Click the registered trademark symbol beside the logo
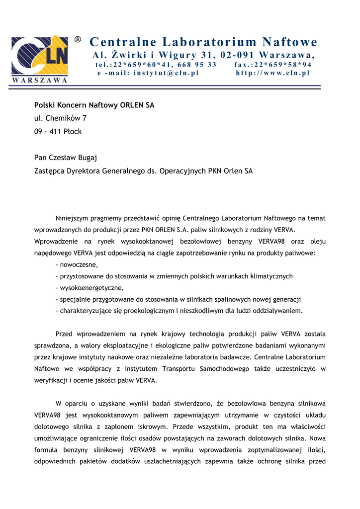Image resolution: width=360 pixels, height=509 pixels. click(78, 39)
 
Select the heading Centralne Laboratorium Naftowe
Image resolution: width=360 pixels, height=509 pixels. click(203, 42)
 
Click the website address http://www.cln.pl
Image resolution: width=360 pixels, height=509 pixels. click(272, 73)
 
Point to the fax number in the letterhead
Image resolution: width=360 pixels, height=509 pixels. click(273, 65)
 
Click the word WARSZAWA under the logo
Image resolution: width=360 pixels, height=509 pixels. click(39, 80)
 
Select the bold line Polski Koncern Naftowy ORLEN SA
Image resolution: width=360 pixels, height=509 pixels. click(94, 105)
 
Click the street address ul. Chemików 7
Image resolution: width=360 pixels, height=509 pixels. click(60, 118)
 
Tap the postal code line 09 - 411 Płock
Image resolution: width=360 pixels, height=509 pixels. click(58, 132)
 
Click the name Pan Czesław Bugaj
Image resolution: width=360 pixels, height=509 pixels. click(66, 158)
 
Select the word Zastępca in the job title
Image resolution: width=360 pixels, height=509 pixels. click(51, 171)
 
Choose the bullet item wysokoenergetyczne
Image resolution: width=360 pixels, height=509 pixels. click(90, 288)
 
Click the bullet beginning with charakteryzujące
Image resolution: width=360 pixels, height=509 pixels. click(179, 311)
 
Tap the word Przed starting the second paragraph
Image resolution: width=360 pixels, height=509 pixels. click(65, 334)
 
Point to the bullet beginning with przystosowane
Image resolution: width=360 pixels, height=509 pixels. click(174, 276)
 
